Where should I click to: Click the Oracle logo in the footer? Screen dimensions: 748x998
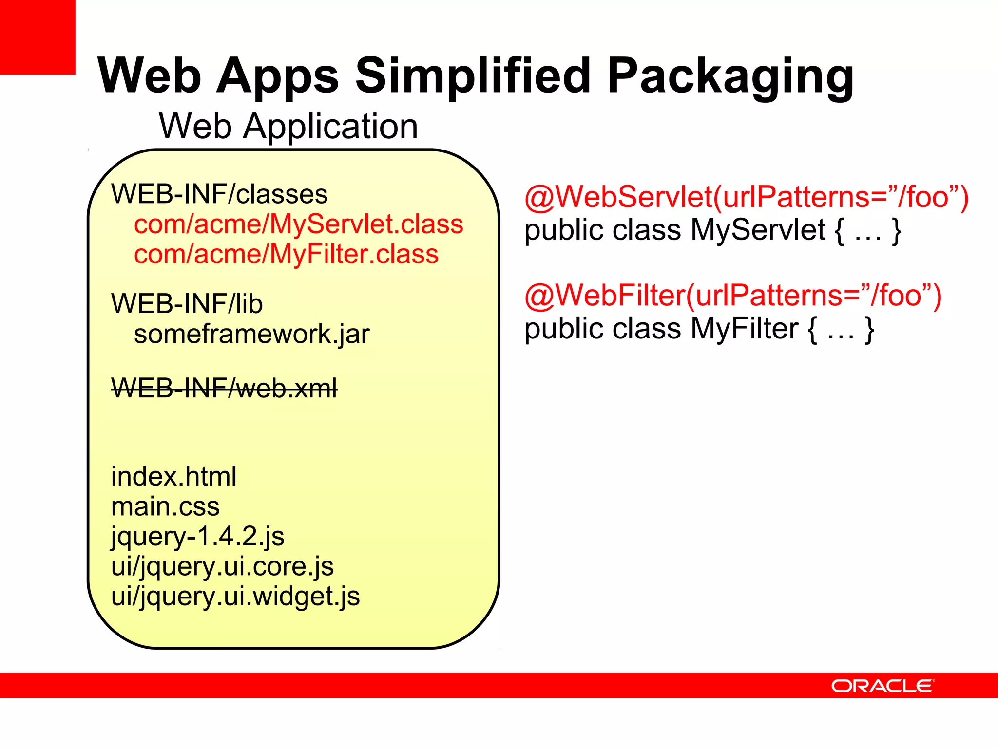tap(883, 686)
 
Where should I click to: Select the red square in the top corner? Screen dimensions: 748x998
tap(37, 37)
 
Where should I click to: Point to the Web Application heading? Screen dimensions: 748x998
tap(288, 127)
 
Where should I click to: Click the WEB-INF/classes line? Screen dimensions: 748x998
tap(219, 194)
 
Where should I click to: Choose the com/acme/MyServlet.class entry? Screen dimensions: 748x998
tap(298, 224)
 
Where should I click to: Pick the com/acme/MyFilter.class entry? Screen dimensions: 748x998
tap(286, 254)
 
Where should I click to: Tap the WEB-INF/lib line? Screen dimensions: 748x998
tap(187, 304)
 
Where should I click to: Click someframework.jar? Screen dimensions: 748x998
tap(251, 334)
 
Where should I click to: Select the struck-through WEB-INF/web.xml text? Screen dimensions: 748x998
tap(224, 389)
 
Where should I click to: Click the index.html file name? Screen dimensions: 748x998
tap(173, 476)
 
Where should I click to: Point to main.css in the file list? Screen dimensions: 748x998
tap(165, 506)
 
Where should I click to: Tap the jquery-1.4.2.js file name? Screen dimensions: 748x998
tap(197, 537)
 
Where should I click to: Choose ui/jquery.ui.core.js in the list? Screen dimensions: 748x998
tap(222, 567)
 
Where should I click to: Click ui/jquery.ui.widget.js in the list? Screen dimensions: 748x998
tap(235, 597)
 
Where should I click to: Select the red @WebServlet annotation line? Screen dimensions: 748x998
tap(746, 197)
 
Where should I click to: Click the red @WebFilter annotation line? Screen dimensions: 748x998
tap(732, 296)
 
